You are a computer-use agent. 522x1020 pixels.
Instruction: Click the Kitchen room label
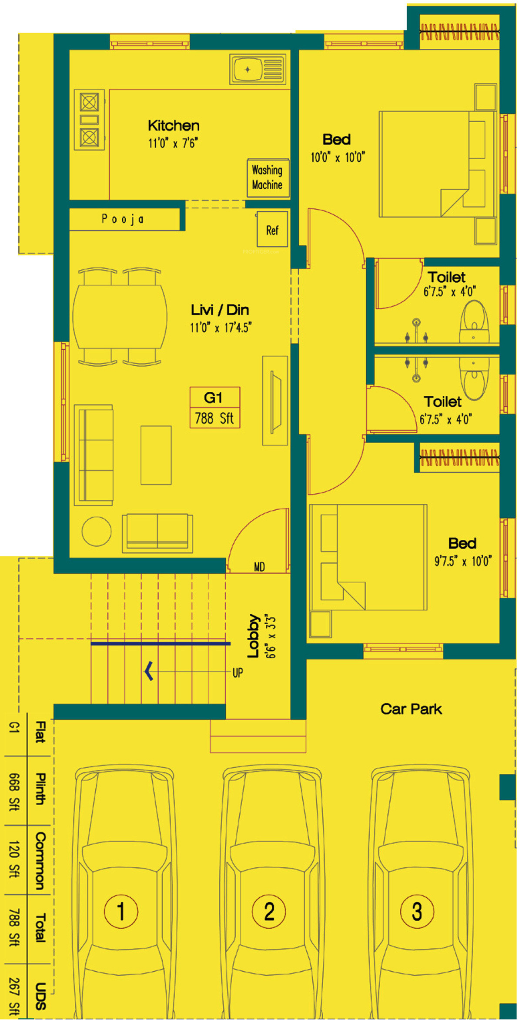174,126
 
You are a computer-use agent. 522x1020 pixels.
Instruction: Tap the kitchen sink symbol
258,69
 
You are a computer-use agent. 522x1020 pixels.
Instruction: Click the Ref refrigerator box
272,230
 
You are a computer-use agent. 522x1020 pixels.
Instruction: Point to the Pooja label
123,219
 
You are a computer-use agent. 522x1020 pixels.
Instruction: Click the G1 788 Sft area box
215,408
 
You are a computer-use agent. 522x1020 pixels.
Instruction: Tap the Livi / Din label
220,310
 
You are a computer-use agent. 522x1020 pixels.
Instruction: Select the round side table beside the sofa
97,531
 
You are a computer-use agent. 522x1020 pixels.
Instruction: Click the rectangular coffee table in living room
156,455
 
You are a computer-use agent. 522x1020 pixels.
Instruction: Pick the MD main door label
259,567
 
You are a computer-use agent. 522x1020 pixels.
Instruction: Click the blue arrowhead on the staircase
149,671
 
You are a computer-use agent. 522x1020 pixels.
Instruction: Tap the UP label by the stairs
238,673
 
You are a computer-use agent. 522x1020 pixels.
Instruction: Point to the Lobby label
253,635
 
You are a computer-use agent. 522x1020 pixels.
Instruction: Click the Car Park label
411,709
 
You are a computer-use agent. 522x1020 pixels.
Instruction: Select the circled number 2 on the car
269,911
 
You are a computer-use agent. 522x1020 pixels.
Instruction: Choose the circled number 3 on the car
417,911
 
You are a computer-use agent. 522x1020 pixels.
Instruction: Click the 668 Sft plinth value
14,792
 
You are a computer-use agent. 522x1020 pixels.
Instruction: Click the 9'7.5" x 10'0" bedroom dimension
463,561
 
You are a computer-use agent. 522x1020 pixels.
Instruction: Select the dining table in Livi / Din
120,316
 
